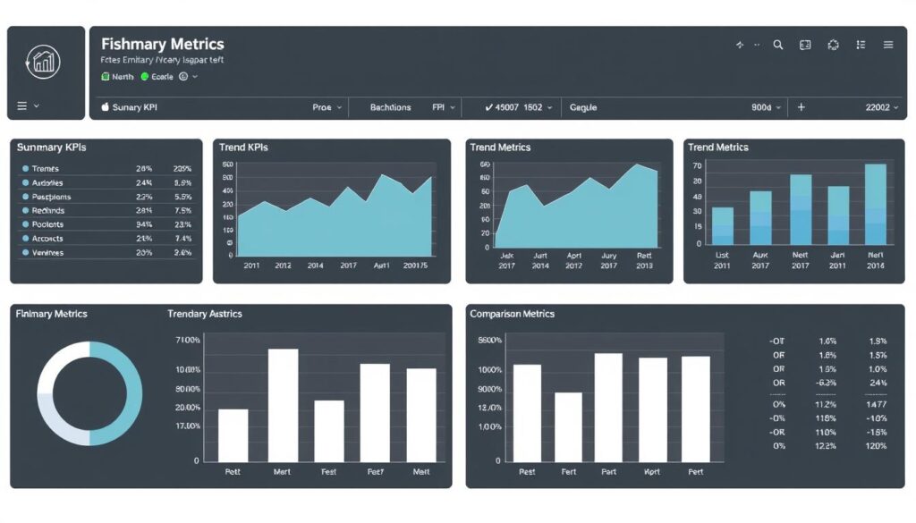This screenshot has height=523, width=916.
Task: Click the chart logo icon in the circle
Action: (x=43, y=61)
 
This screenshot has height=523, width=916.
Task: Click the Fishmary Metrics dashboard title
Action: (x=162, y=44)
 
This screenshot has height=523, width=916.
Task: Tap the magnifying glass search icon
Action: (x=777, y=45)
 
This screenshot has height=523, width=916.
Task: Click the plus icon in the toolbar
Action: (x=801, y=107)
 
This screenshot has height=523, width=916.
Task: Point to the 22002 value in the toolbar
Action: (x=878, y=107)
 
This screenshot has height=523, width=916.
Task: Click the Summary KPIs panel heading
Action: (x=51, y=148)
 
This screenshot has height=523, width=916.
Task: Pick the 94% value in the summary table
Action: (x=144, y=224)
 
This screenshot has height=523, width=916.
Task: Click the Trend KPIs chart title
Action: (x=243, y=148)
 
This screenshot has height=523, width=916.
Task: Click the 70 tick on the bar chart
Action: (x=697, y=165)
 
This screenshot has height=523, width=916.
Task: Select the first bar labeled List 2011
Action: (x=722, y=226)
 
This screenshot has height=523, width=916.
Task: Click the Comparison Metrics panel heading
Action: (x=512, y=314)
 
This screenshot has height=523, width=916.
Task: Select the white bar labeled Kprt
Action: (x=652, y=409)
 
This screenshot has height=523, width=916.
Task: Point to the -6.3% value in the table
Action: (x=827, y=383)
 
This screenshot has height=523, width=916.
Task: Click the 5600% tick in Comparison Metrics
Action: (x=490, y=341)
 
